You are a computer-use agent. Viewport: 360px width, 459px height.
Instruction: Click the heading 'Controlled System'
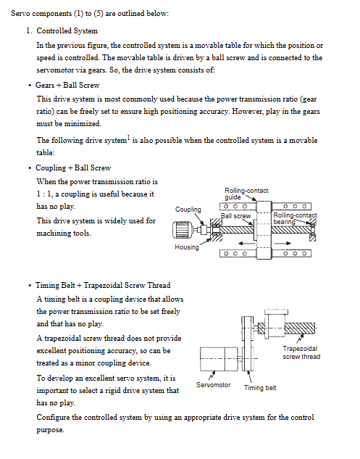67,30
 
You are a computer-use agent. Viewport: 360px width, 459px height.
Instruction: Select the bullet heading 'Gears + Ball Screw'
67,85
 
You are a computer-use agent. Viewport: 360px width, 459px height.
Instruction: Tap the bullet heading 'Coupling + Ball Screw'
73,168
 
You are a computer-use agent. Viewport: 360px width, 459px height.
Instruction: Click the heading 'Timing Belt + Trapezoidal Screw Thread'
103,285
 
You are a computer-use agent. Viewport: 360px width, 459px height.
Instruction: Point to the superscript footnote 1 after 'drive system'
128,138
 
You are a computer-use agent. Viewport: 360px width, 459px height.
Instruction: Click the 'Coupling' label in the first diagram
188,210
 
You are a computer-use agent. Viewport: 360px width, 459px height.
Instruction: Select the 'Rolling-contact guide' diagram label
246,194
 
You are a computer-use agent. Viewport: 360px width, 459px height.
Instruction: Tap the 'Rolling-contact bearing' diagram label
295,218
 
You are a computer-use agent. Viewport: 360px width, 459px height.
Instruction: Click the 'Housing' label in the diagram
187,247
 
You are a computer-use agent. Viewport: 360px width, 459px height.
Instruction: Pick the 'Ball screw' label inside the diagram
235,216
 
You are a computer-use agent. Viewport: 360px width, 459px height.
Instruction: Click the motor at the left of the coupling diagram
183,230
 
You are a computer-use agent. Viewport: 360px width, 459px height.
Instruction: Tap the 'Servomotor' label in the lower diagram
213,385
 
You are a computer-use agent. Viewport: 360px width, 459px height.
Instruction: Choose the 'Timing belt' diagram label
260,388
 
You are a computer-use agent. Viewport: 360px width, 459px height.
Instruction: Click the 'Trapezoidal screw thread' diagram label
301,352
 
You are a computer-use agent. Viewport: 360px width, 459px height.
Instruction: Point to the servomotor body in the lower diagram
219,359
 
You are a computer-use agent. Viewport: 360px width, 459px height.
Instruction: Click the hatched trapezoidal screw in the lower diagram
300,328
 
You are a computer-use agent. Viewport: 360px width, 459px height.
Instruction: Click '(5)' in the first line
99,14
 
